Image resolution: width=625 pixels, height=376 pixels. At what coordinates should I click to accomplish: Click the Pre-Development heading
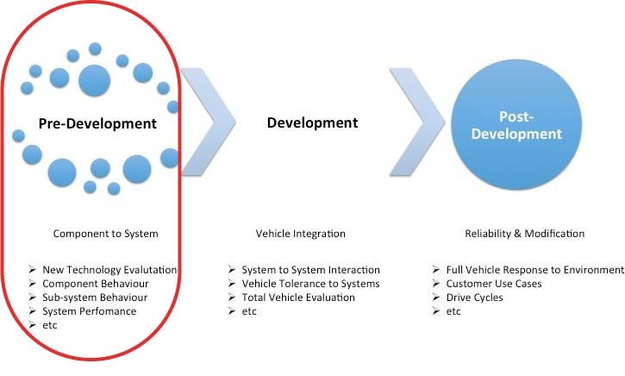click(x=97, y=123)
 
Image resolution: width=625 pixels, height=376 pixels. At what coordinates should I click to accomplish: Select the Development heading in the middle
click(x=312, y=122)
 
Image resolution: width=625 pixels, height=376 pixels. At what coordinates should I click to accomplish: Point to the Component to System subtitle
click(x=105, y=233)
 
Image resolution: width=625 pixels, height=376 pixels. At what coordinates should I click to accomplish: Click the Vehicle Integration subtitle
click(x=300, y=233)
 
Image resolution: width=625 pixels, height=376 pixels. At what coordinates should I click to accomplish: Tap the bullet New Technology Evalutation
click(x=109, y=270)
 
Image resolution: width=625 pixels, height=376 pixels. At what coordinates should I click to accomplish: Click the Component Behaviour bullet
click(x=96, y=284)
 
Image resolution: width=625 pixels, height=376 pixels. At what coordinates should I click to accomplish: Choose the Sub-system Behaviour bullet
click(x=95, y=298)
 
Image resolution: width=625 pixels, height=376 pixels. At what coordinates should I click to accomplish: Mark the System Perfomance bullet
click(x=90, y=311)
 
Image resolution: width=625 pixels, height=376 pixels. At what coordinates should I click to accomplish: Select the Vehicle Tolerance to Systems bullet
click(x=310, y=284)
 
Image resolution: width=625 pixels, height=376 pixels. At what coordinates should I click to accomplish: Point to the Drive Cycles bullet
click(x=475, y=298)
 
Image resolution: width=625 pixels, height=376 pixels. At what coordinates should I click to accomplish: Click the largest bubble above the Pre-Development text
click(x=95, y=81)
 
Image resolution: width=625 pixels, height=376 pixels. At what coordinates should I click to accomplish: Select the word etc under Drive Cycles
click(x=453, y=311)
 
